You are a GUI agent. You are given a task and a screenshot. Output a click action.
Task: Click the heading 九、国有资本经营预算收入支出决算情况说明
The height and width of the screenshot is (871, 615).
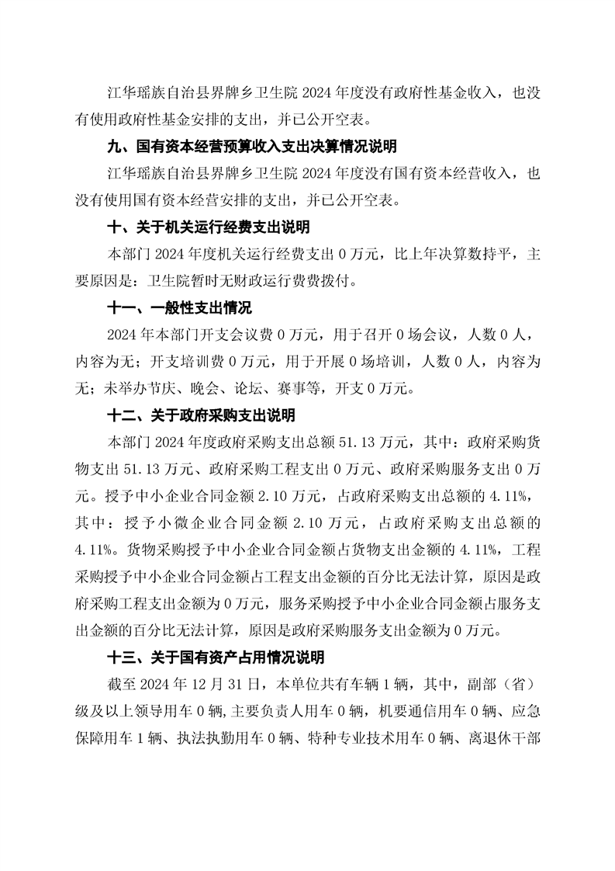(251, 147)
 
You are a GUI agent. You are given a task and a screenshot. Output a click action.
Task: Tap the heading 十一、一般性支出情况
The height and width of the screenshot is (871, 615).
(179, 308)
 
